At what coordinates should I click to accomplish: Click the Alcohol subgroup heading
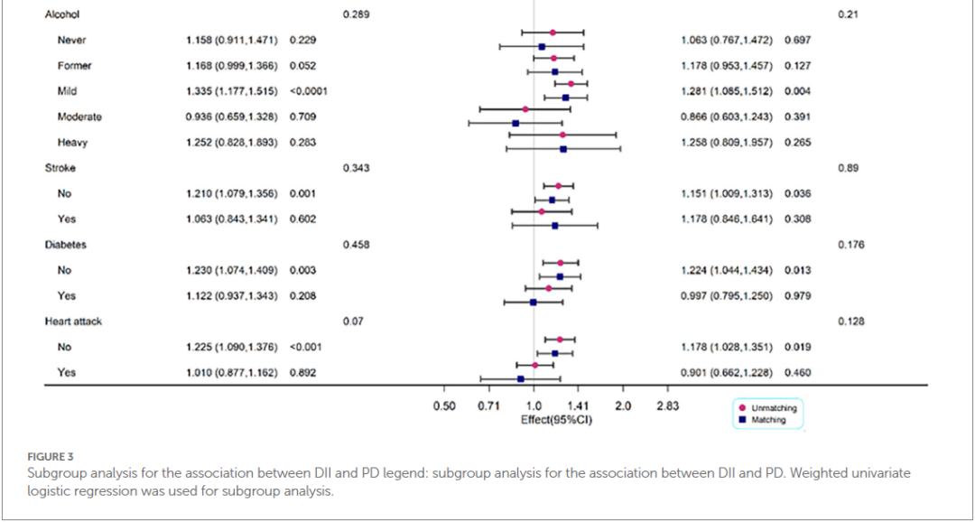click(61, 15)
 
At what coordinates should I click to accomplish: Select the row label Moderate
click(79, 117)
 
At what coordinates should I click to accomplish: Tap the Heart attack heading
click(73, 322)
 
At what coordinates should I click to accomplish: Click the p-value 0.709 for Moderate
click(302, 117)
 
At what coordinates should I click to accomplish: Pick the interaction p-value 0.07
click(352, 322)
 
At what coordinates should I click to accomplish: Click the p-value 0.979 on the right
click(798, 295)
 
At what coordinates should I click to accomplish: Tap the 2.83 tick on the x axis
click(667, 406)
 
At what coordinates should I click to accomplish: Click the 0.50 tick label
click(443, 406)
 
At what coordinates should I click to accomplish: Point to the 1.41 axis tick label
click(578, 406)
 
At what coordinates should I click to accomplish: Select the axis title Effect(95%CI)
click(556, 419)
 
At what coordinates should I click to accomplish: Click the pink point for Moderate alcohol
click(525, 108)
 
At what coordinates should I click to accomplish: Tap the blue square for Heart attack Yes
click(521, 379)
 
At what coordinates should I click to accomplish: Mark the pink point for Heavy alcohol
click(562, 135)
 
